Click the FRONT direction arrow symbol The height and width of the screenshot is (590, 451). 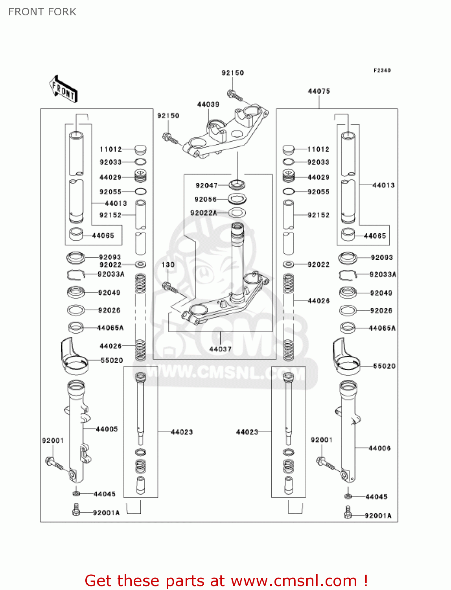click(x=63, y=89)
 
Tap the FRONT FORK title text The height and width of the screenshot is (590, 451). click(x=42, y=12)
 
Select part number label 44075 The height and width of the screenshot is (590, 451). click(x=319, y=91)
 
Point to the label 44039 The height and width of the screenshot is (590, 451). click(x=208, y=104)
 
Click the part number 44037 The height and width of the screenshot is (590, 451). click(x=220, y=349)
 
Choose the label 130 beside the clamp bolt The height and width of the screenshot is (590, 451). click(x=168, y=265)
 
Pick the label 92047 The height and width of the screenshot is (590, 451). click(x=206, y=185)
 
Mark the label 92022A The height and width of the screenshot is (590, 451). click(x=204, y=213)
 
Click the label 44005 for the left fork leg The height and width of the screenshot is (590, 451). click(x=107, y=429)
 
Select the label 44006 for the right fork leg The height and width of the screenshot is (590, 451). click(x=379, y=448)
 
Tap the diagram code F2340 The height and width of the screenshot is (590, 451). click(x=382, y=70)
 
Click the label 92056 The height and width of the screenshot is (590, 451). click(x=206, y=199)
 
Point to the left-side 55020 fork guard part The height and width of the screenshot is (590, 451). click(x=74, y=356)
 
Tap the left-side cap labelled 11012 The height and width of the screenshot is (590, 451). click(x=140, y=149)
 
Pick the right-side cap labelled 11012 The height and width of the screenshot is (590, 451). click(x=289, y=149)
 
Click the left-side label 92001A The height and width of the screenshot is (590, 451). click(x=106, y=513)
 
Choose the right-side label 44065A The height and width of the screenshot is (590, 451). click(x=382, y=328)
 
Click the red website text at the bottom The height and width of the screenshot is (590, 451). click(x=226, y=581)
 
